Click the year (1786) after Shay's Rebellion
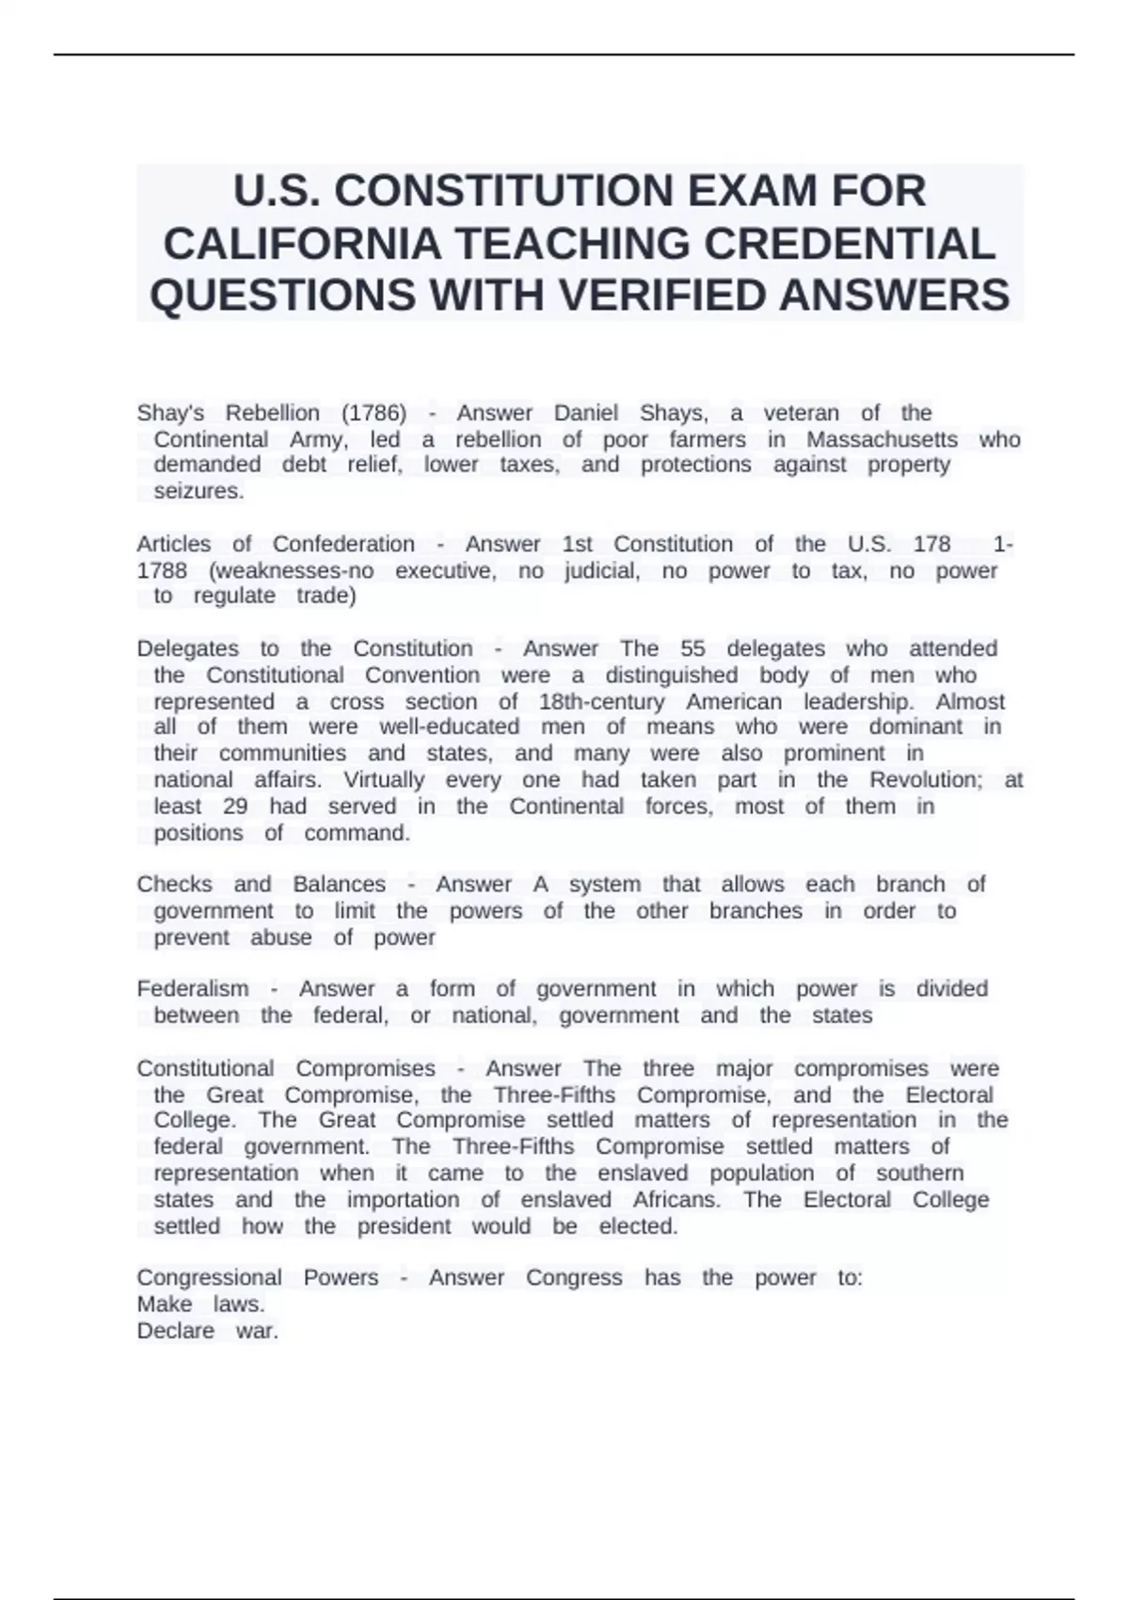point(374,413)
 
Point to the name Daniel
point(585,413)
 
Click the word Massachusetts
point(882,440)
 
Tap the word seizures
point(199,491)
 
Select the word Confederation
point(343,544)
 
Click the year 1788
point(162,570)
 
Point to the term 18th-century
point(601,702)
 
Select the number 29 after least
point(235,807)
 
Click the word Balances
point(339,885)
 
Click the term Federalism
point(193,989)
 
